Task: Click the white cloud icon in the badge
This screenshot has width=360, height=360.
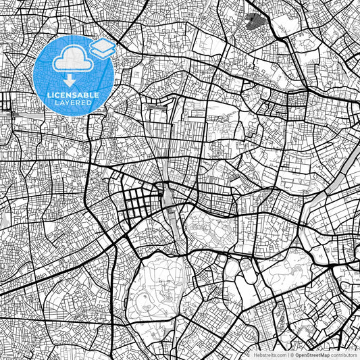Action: pos(71,60)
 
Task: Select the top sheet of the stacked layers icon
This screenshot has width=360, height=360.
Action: pos(102,45)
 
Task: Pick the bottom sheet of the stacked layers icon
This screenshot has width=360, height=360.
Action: pos(102,53)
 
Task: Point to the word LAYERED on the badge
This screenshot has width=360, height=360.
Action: pos(74,104)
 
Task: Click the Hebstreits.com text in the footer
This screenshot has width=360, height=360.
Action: pos(269,354)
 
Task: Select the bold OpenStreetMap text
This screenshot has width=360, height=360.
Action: pos(311,354)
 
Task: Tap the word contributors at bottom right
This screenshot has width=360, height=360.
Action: pos(344,354)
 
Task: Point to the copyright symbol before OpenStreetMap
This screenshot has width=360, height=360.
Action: pos(291,354)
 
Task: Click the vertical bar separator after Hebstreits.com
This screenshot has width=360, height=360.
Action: pos(287,354)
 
